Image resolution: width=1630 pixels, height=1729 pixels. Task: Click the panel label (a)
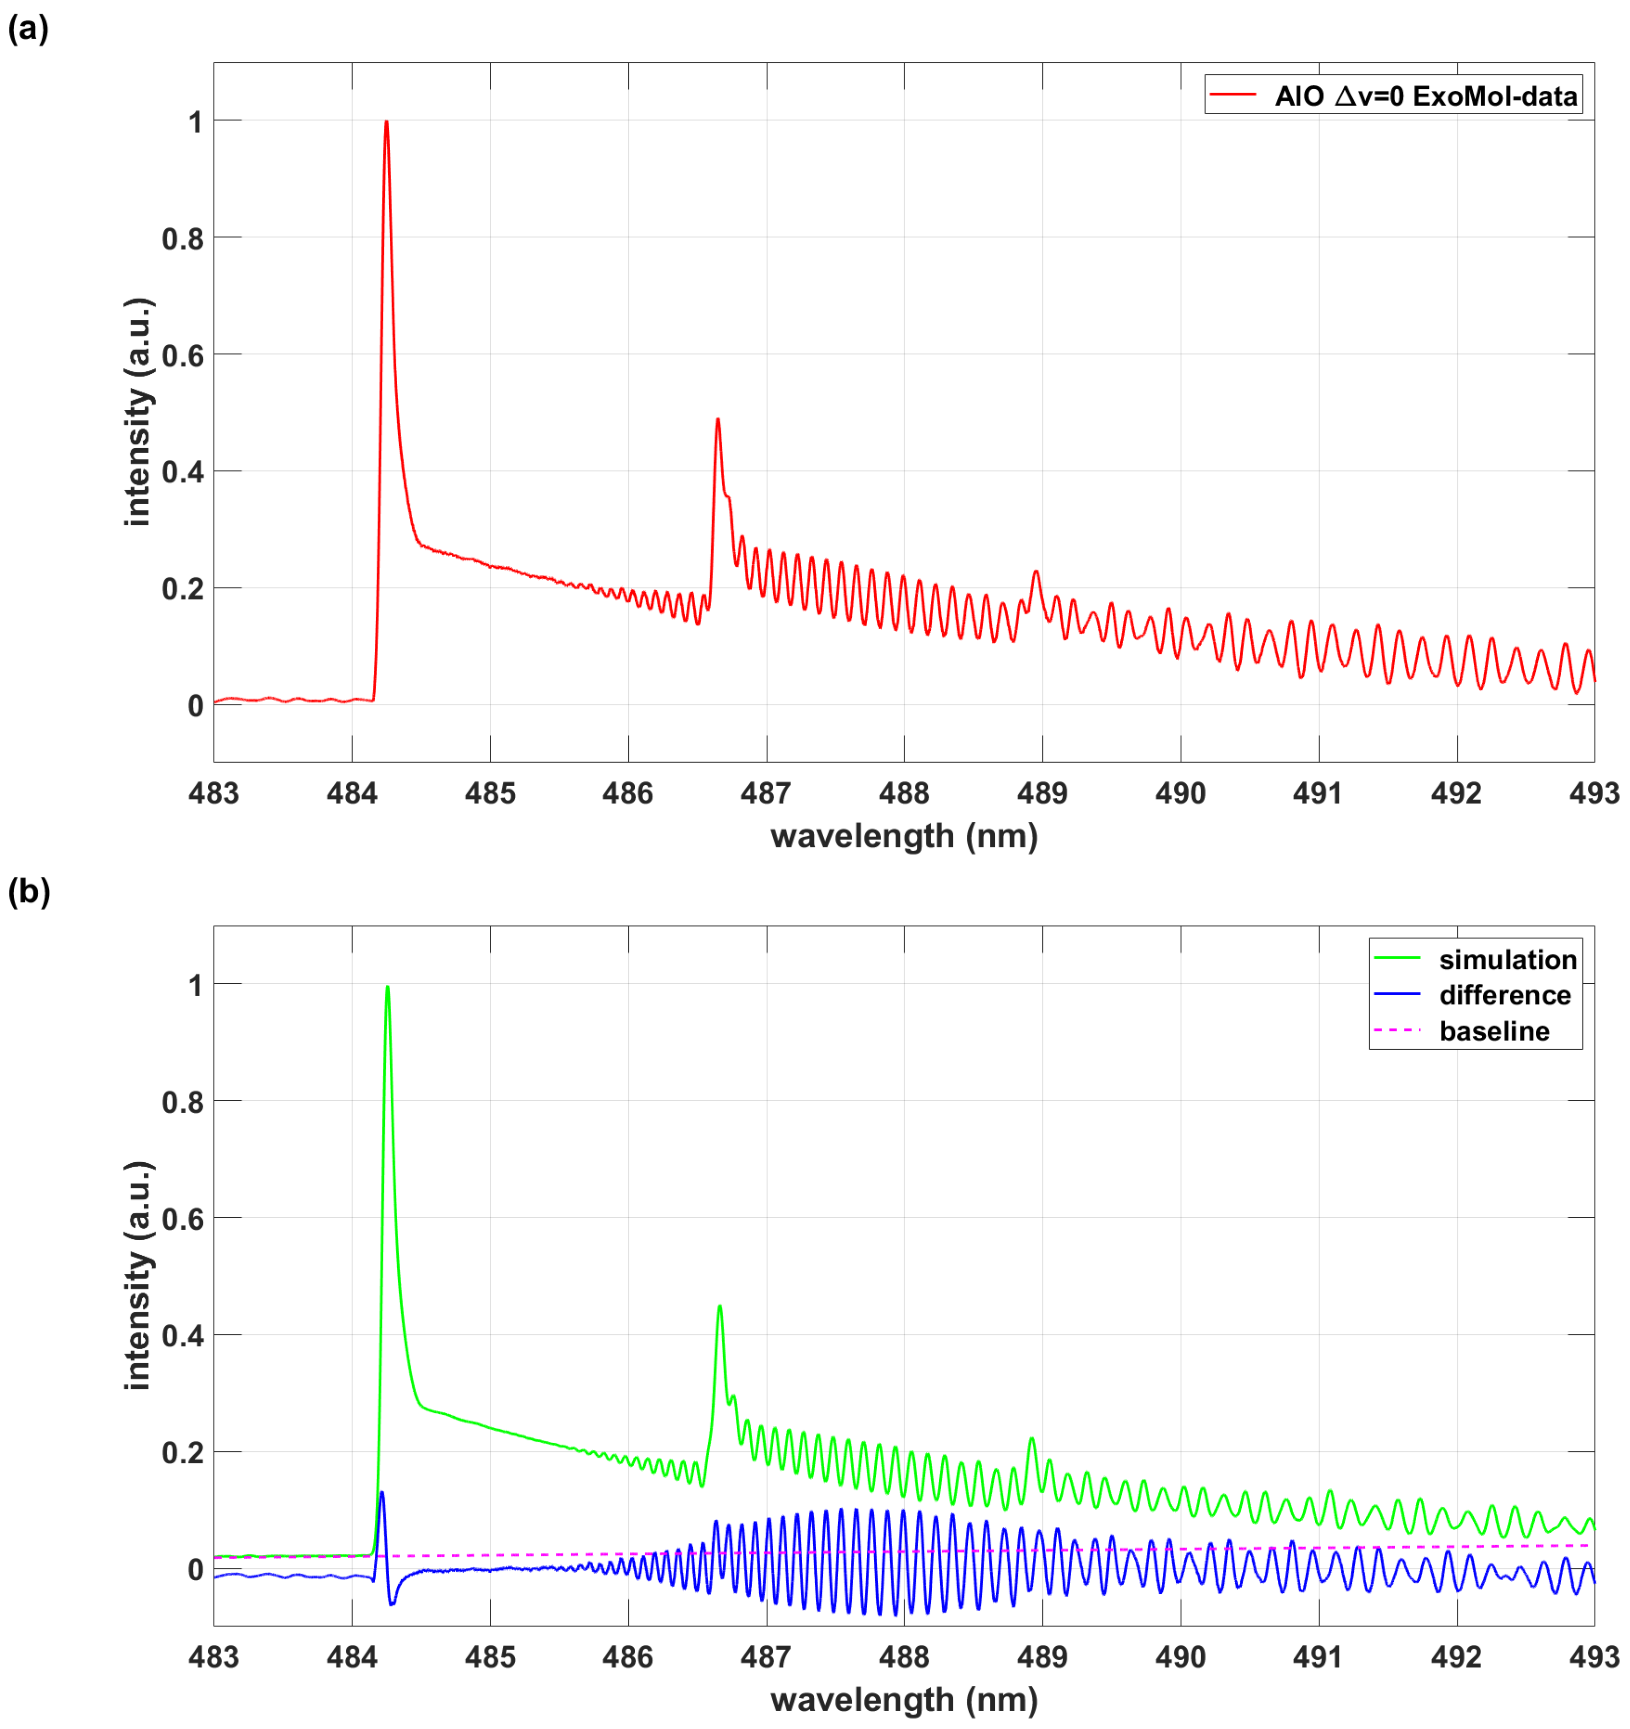[x=28, y=30]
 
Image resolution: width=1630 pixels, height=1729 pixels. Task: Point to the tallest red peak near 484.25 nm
[x=386, y=122]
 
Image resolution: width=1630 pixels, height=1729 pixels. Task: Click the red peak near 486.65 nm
[x=718, y=420]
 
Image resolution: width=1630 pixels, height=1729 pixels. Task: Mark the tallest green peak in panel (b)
[x=387, y=987]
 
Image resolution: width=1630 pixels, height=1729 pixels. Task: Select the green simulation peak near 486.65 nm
[x=720, y=1307]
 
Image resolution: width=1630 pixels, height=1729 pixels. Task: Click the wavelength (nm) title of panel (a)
[x=904, y=836]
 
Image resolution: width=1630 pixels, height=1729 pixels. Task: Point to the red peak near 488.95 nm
[x=1036, y=571]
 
